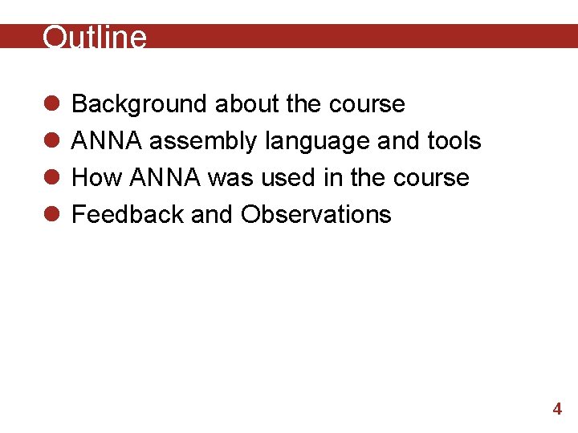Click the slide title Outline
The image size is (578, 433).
pyautogui.click(x=95, y=38)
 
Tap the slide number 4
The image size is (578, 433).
pyautogui.click(x=557, y=409)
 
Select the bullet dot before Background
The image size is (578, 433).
pyautogui.click(x=50, y=104)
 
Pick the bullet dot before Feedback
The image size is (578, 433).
pyautogui.click(x=50, y=215)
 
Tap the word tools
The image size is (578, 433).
pyautogui.click(x=454, y=141)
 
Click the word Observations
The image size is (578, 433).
pyautogui.click(x=316, y=214)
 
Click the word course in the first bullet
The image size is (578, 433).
pyautogui.click(x=367, y=104)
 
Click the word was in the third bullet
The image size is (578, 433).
pyautogui.click(x=230, y=177)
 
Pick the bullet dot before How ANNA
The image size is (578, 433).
pyautogui.click(x=50, y=178)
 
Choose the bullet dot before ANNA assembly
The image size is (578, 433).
pyautogui.click(x=50, y=141)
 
